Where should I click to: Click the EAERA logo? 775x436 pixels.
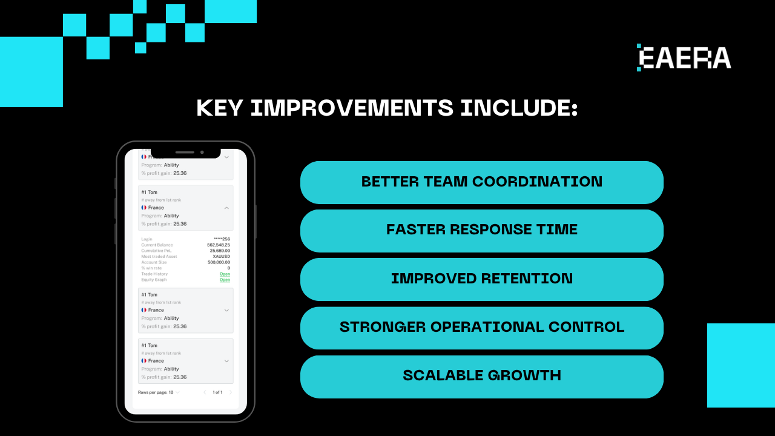[684, 58]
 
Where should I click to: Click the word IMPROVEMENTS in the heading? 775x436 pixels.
[351, 108]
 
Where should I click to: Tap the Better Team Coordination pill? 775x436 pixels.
[481, 182]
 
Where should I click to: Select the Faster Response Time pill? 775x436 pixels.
[481, 230]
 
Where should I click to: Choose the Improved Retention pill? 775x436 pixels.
[481, 279]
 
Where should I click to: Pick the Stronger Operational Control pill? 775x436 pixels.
[481, 327]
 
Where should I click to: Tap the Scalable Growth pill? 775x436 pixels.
[481, 375]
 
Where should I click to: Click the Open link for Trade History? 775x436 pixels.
[225, 274]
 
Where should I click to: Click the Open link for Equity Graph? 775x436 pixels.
[225, 280]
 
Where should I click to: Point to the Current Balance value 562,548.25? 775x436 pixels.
[219, 245]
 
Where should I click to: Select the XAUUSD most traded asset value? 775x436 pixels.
[222, 256]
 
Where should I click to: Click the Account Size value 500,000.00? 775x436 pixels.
[219, 262]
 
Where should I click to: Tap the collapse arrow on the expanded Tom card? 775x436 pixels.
[226, 208]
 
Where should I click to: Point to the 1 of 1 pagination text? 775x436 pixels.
[217, 392]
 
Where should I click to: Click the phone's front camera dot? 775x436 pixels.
[202, 152]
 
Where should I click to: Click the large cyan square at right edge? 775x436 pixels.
[741, 365]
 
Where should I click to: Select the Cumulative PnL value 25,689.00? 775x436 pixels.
[220, 251]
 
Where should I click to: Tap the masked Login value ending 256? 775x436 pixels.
[222, 239]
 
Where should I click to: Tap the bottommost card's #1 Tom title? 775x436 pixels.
[149, 346]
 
